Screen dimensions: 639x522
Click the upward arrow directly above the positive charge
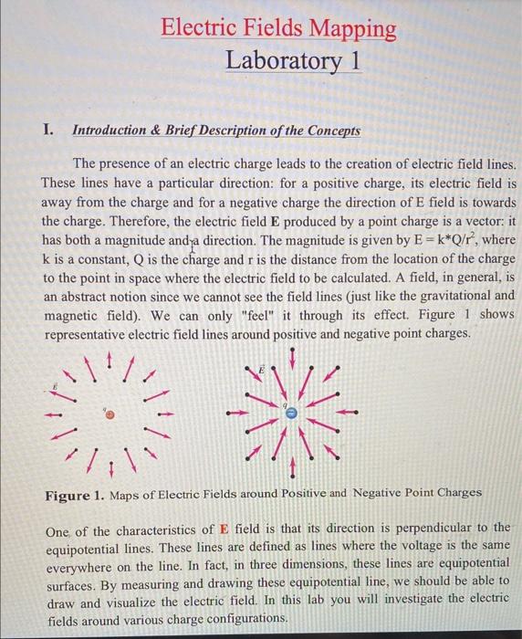point(111,363)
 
